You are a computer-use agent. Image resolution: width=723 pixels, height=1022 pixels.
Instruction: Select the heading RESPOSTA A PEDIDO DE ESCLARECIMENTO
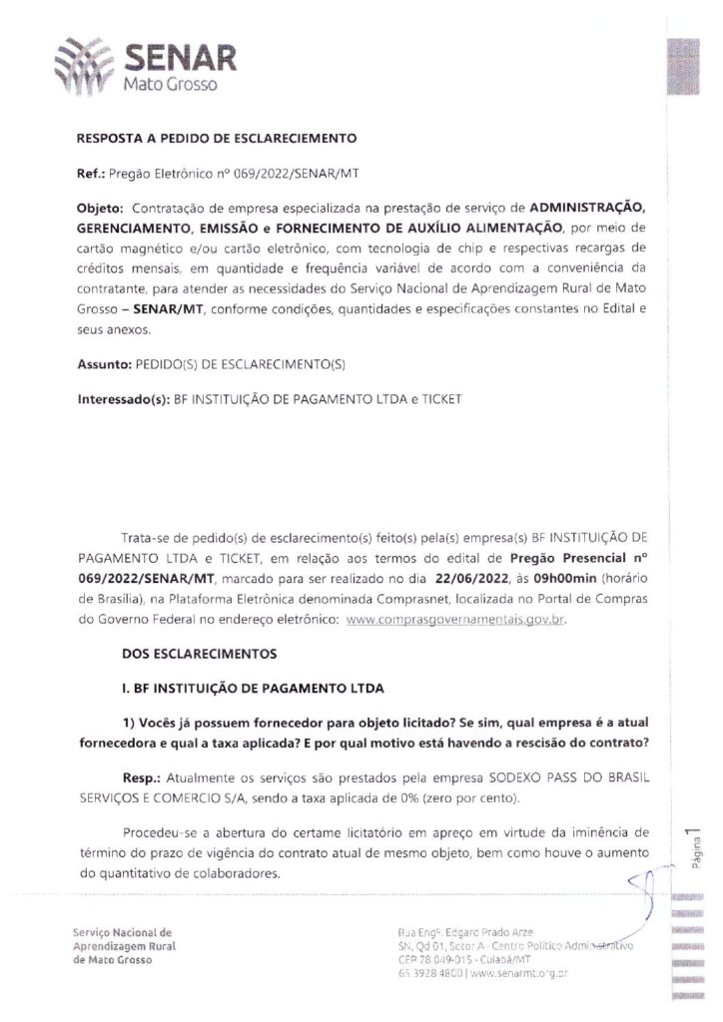click(216, 138)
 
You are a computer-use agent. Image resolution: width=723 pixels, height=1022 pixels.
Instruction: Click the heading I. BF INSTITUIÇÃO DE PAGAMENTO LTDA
click(262, 690)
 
